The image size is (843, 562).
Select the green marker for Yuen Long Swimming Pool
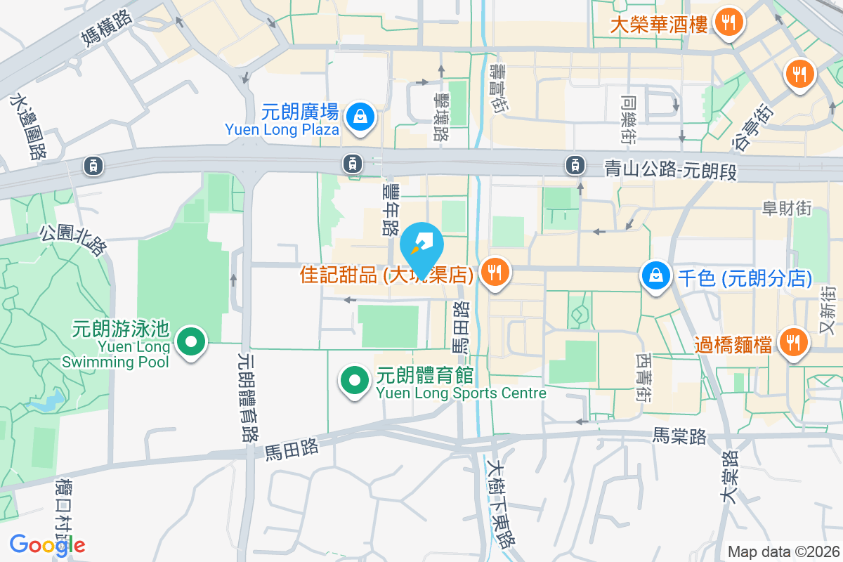point(190,343)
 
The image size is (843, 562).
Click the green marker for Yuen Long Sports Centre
point(355,381)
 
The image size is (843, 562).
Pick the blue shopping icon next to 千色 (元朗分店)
point(655,276)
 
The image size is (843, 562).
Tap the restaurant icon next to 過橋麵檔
point(794,343)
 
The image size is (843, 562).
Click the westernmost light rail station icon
point(93,166)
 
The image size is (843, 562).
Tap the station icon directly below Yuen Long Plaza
point(352,164)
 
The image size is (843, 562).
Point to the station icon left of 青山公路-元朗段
point(575,166)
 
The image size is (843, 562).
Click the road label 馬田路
point(292,450)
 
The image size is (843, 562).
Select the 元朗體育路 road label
point(247,397)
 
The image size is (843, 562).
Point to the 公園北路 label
point(73,240)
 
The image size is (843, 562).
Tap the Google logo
point(47,545)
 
